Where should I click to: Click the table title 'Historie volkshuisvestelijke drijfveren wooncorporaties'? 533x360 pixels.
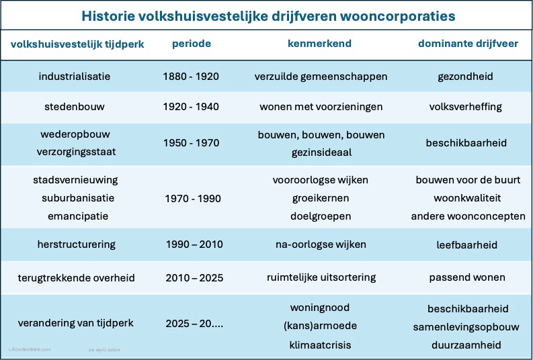(268, 15)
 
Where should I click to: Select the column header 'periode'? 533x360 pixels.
(191, 44)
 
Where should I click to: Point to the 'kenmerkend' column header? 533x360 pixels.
(319, 44)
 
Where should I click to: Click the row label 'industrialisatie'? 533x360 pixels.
(74, 76)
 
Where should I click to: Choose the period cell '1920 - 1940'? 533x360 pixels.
(191, 106)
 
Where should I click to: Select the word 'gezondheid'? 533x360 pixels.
(465, 76)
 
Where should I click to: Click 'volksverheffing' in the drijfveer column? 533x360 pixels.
(465, 106)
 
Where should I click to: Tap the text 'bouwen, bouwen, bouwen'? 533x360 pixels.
(321, 135)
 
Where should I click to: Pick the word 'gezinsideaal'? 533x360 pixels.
(321, 152)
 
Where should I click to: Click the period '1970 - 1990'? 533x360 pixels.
(192, 199)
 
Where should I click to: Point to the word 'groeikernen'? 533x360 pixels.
(321, 199)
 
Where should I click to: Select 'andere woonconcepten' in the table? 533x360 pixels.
(468, 216)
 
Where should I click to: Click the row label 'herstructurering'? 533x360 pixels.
(77, 244)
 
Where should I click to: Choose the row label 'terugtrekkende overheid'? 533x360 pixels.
(76, 277)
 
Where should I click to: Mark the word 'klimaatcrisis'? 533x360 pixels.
(321, 346)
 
